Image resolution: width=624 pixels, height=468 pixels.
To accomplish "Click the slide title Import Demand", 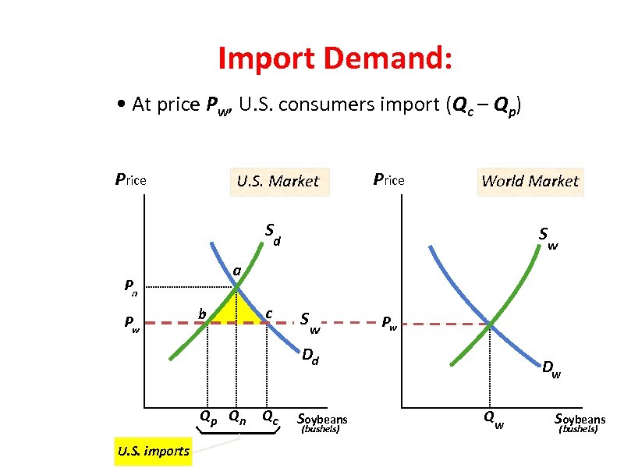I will [x=335, y=58].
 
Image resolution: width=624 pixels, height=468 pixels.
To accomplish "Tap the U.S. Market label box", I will [x=278, y=181].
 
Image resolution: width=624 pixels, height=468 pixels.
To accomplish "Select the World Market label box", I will [x=530, y=181].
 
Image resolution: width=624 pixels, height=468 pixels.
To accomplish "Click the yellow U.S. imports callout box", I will [x=153, y=451].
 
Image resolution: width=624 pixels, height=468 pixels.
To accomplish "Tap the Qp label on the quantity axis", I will [x=208, y=416].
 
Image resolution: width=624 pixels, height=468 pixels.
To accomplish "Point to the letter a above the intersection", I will [x=236, y=270].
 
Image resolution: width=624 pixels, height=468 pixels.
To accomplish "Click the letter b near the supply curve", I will [x=201, y=314].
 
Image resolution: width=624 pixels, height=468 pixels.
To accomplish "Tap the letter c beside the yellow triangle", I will [x=268, y=314].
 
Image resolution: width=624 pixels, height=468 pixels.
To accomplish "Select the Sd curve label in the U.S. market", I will [x=272, y=232].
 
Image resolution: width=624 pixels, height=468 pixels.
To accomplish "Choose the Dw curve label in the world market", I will [x=552, y=367].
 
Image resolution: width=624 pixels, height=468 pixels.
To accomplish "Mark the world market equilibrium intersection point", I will [x=490, y=323].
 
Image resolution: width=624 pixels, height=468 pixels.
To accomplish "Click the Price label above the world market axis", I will [x=388, y=180].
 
